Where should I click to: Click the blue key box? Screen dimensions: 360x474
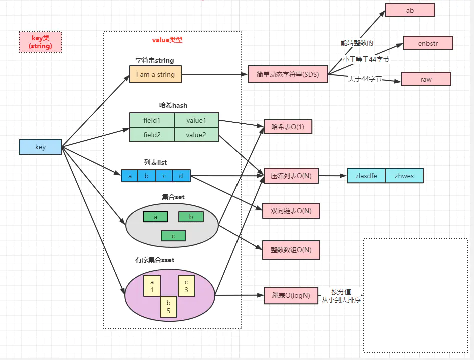(x=40, y=147)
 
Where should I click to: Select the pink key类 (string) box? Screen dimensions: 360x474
(x=40, y=42)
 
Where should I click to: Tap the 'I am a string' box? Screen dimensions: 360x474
(x=155, y=74)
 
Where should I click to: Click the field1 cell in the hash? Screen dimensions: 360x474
(x=152, y=120)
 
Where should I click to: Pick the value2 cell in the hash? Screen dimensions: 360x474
(x=196, y=135)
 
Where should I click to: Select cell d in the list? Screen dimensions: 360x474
(x=181, y=176)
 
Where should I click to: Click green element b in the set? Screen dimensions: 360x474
(x=191, y=217)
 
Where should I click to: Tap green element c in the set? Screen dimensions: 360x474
(x=173, y=236)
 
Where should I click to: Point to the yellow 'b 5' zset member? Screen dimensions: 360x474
(x=168, y=306)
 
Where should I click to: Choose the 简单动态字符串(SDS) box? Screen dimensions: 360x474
(x=288, y=74)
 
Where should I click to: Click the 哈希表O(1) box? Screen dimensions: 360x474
(x=288, y=127)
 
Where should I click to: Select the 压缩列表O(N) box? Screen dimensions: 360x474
(x=291, y=176)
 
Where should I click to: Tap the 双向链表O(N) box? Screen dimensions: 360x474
(x=291, y=211)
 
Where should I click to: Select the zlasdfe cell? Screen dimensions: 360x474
(x=366, y=176)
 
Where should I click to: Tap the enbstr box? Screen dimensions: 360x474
(x=428, y=43)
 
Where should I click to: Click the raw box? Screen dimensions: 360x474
(x=426, y=79)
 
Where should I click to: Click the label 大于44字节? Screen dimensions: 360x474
(x=365, y=79)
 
